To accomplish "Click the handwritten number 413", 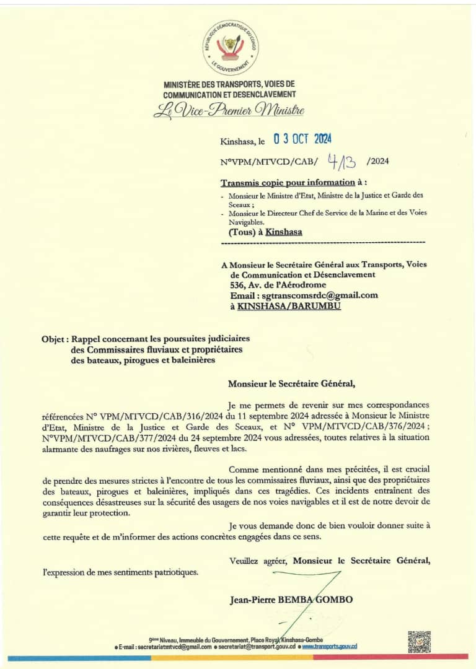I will click(343, 162).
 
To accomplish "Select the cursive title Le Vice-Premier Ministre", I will click(229, 111).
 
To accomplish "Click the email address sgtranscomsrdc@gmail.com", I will click(320, 295).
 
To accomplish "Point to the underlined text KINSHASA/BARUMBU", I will click(289, 306).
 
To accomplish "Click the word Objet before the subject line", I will click(54, 339).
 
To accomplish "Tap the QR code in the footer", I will click(419, 641).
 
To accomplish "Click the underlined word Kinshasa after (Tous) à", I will click(284, 232).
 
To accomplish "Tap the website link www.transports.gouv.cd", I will click(330, 647).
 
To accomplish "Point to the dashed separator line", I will click(322, 242).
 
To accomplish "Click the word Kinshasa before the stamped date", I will click(238, 142).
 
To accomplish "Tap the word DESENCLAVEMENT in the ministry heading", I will click(262, 94).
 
